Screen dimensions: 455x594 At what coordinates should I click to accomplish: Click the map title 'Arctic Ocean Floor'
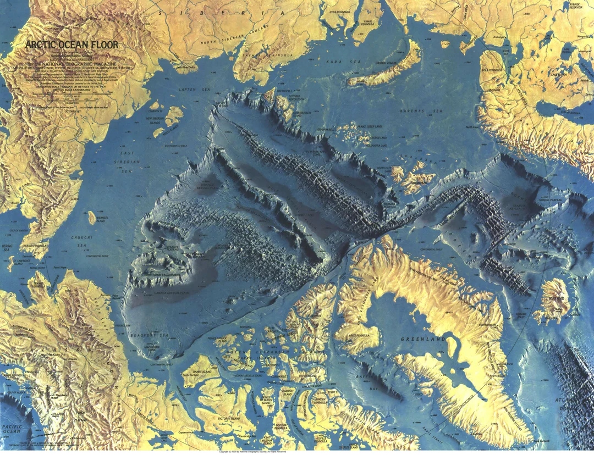coord(67,45)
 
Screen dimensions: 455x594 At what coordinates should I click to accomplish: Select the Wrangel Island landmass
coord(92,217)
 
